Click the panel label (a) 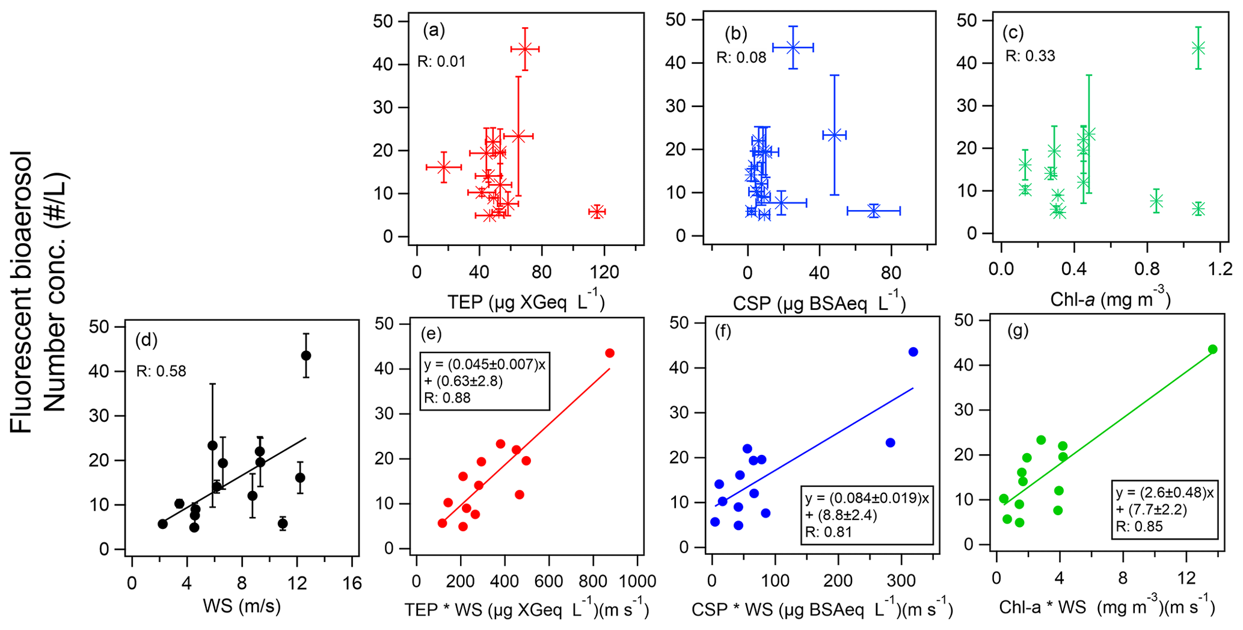pyautogui.click(x=434, y=31)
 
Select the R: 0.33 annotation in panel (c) pyautogui.click(x=1030, y=57)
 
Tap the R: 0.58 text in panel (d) pyautogui.click(x=161, y=371)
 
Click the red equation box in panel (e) pyautogui.click(x=484, y=381)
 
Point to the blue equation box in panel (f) pyautogui.click(x=867, y=516)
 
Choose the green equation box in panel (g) pyautogui.click(x=1164, y=510)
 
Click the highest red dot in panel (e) pyautogui.click(x=610, y=353)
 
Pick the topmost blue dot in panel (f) pyautogui.click(x=913, y=352)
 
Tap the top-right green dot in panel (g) pyautogui.click(x=1212, y=350)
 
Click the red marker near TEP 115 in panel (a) pyautogui.click(x=597, y=212)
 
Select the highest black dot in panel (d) pyautogui.click(x=305, y=356)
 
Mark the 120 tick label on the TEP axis pyautogui.click(x=604, y=273)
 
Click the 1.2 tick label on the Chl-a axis pyautogui.click(x=1220, y=268)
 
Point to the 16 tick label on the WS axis pyautogui.click(x=352, y=583)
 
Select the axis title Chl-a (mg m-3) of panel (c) pyautogui.click(x=1110, y=298)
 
